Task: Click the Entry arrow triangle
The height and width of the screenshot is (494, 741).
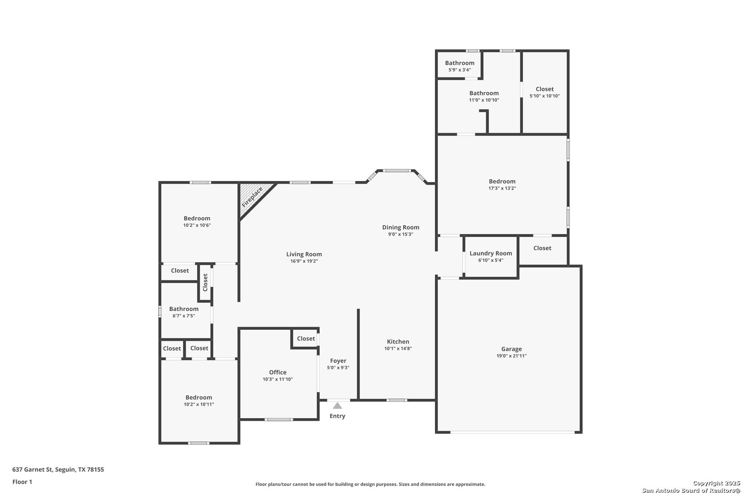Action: pyautogui.click(x=337, y=406)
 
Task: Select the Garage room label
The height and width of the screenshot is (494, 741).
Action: pyautogui.click(x=511, y=349)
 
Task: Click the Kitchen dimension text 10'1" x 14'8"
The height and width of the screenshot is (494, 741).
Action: pyautogui.click(x=398, y=349)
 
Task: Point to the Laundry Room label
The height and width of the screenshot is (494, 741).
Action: pyautogui.click(x=491, y=253)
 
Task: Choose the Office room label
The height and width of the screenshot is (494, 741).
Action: pyautogui.click(x=278, y=372)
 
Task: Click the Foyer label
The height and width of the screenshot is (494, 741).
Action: pyautogui.click(x=338, y=361)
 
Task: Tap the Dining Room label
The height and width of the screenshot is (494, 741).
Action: pyautogui.click(x=401, y=227)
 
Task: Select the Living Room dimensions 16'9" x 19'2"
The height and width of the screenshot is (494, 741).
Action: pyautogui.click(x=304, y=261)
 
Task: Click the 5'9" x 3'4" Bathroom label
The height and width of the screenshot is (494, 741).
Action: pyautogui.click(x=460, y=63)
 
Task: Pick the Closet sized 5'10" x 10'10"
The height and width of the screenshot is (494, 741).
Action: pyautogui.click(x=544, y=89)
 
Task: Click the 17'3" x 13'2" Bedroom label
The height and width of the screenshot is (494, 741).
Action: pyautogui.click(x=502, y=181)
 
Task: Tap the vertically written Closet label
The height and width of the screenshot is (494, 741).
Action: pyautogui.click(x=205, y=282)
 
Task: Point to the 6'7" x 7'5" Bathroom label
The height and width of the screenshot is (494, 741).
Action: pyautogui.click(x=183, y=309)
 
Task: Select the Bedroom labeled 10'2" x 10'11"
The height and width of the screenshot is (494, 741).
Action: pyautogui.click(x=199, y=397)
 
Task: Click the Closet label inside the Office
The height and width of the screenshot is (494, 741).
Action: pyautogui.click(x=306, y=338)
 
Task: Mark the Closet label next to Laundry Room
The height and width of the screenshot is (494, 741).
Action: pyautogui.click(x=542, y=248)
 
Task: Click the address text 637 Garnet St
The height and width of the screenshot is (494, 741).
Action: pyautogui.click(x=32, y=469)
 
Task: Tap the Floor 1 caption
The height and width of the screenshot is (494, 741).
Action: pyautogui.click(x=22, y=482)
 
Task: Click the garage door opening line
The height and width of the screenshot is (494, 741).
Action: pyautogui.click(x=512, y=432)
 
